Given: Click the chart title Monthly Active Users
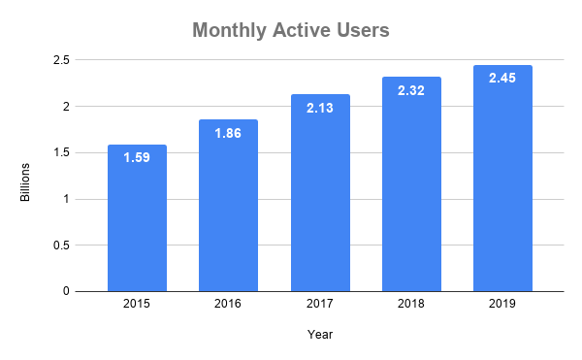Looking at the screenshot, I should coord(290,31).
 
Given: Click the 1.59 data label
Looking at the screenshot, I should coord(137,156).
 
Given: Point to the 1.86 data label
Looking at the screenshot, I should coord(228,131).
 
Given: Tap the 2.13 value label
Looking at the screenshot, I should coord(320,106).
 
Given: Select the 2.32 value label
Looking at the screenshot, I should coord(411,88).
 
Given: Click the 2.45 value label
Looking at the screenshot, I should coord(502,77).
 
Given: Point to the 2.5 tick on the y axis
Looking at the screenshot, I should coord(60,60).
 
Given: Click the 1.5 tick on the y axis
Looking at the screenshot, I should coord(60,152).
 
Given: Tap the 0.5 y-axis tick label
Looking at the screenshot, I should coord(60,245).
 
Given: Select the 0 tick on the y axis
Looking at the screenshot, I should coord(66,291).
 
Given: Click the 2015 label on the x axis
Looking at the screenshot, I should coord(137,304).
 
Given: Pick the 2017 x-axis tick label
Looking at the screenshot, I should coord(320,304).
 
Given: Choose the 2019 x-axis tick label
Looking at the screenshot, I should coord(502,304).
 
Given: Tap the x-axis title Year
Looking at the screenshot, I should coord(320,335).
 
